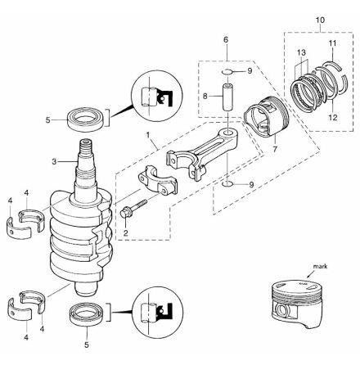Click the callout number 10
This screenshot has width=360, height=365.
pos(320,20)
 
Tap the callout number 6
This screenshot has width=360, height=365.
pos(226,40)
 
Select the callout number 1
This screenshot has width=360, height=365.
pos(148,134)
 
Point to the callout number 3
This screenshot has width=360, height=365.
pos(54,162)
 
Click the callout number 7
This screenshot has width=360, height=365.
pos(275,149)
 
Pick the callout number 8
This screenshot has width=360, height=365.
pos(205,96)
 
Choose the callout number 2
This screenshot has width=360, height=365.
pos(125,233)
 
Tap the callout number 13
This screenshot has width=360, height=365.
pos(302,52)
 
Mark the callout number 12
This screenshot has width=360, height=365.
pos(333,118)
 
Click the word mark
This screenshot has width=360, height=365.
pos(320,266)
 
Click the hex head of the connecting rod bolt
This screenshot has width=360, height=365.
pos(125,214)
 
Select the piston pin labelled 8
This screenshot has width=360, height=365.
pos(228,97)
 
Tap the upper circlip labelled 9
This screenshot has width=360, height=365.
pos(227,72)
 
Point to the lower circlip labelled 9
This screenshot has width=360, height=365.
pos(227,184)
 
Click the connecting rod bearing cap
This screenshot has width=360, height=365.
pos(157,182)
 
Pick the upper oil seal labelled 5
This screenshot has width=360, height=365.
pos(86,119)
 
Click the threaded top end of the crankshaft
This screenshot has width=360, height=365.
pos(87,147)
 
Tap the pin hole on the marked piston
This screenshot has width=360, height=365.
pos(281,310)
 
